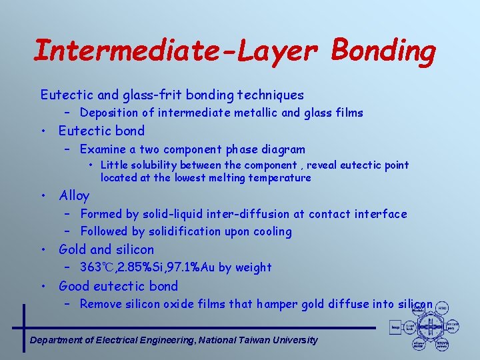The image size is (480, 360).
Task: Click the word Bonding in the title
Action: click(383, 51)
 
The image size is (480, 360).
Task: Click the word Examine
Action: click(103, 149)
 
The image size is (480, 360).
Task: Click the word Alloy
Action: click(74, 195)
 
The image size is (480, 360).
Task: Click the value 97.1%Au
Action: click(189, 267)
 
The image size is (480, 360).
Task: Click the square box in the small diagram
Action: click(396, 327)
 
